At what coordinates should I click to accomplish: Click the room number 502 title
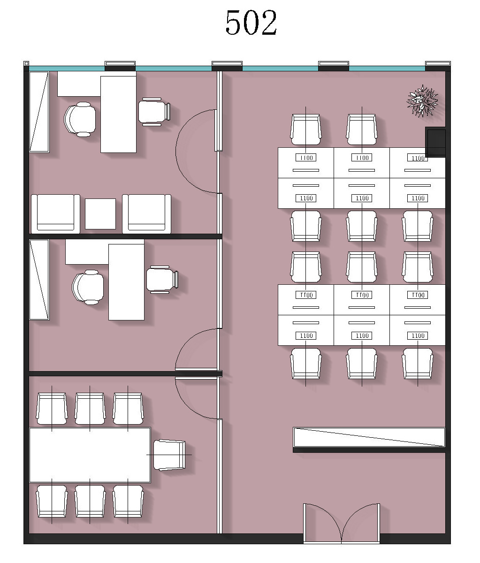(x=251, y=23)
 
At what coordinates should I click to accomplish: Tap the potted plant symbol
(x=422, y=100)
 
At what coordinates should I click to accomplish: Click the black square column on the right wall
(x=435, y=142)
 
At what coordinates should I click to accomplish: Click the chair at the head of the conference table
(x=169, y=455)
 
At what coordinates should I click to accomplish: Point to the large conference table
(x=90, y=455)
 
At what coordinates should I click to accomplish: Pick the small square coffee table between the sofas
(x=100, y=214)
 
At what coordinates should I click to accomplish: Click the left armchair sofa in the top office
(x=55, y=214)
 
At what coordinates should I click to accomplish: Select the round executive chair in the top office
(x=80, y=119)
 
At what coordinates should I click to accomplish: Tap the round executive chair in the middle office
(x=88, y=287)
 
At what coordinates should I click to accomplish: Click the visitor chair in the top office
(x=154, y=112)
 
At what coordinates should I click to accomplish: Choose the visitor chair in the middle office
(x=162, y=280)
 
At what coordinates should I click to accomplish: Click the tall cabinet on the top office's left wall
(x=39, y=112)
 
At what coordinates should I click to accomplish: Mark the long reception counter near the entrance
(x=369, y=437)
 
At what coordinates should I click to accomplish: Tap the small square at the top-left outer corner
(x=26, y=63)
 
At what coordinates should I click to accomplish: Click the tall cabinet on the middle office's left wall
(x=39, y=280)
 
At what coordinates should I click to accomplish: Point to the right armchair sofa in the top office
(x=146, y=214)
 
